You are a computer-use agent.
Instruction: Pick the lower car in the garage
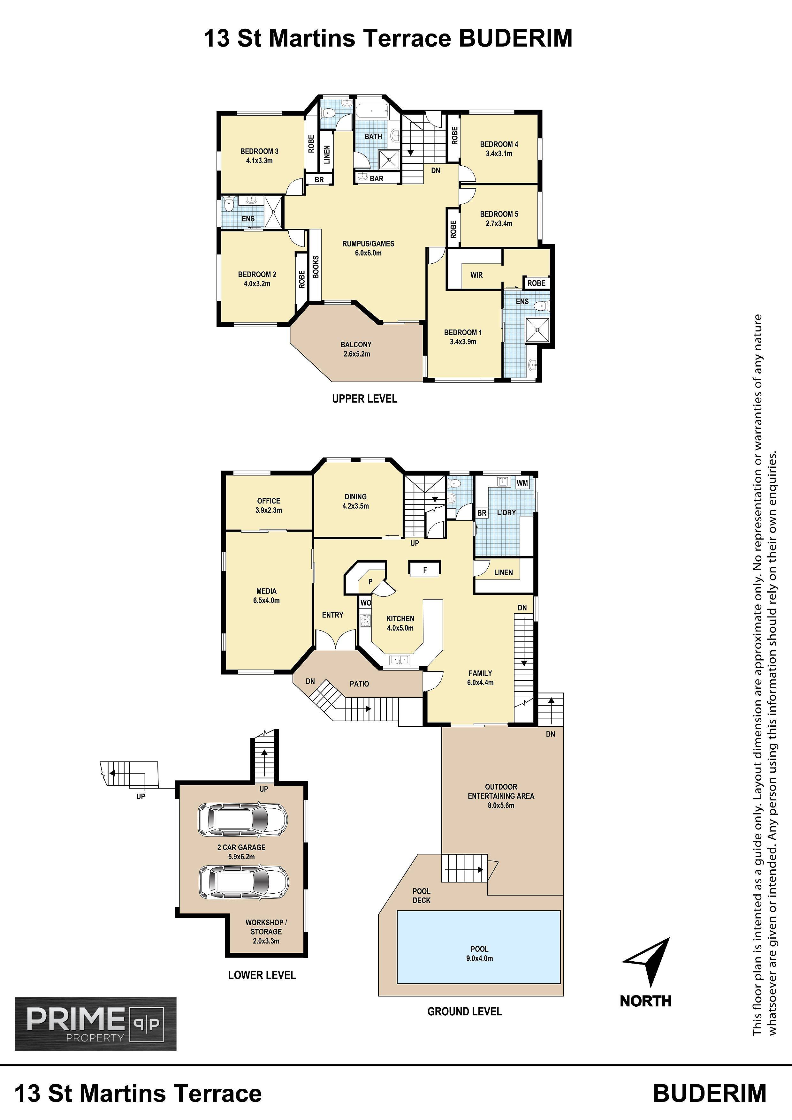point(243,882)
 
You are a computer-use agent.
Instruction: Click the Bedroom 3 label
point(259,155)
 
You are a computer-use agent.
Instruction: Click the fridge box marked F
point(424,569)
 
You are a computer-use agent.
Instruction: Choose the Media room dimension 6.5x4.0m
point(266,601)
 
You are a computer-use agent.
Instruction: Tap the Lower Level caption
point(262,975)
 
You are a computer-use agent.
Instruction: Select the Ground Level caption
point(465,1012)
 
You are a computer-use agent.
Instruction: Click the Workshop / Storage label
point(266,927)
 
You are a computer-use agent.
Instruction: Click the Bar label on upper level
point(377,178)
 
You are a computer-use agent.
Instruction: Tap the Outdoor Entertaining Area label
point(501,791)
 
